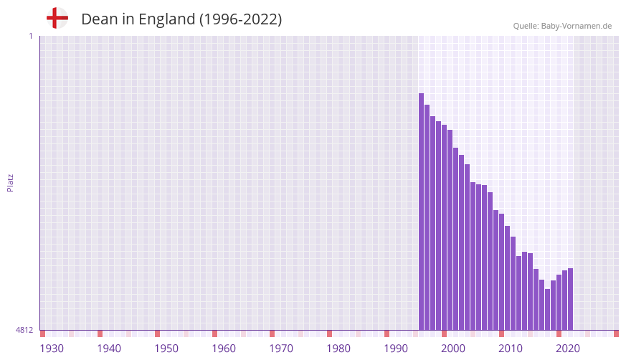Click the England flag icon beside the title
[x=57, y=18]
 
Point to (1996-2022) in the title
[x=240, y=19]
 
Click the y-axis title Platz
[x=10, y=182]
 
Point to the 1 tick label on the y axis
[x=30, y=36]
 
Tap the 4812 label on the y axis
[x=24, y=330]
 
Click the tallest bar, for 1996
[x=422, y=212]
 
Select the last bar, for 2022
[x=570, y=299]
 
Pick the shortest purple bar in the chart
[x=547, y=309]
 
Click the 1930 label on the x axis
[x=52, y=349]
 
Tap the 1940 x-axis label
[x=109, y=349]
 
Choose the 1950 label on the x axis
[x=166, y=349]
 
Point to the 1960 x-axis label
[x=224, y=349]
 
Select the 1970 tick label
[x=281, y=349]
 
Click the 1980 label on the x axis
[x=338, y=349]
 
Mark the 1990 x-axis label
[x=396, y=349]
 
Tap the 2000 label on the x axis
[x=453, y=349]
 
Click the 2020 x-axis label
[x=568, y=349]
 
